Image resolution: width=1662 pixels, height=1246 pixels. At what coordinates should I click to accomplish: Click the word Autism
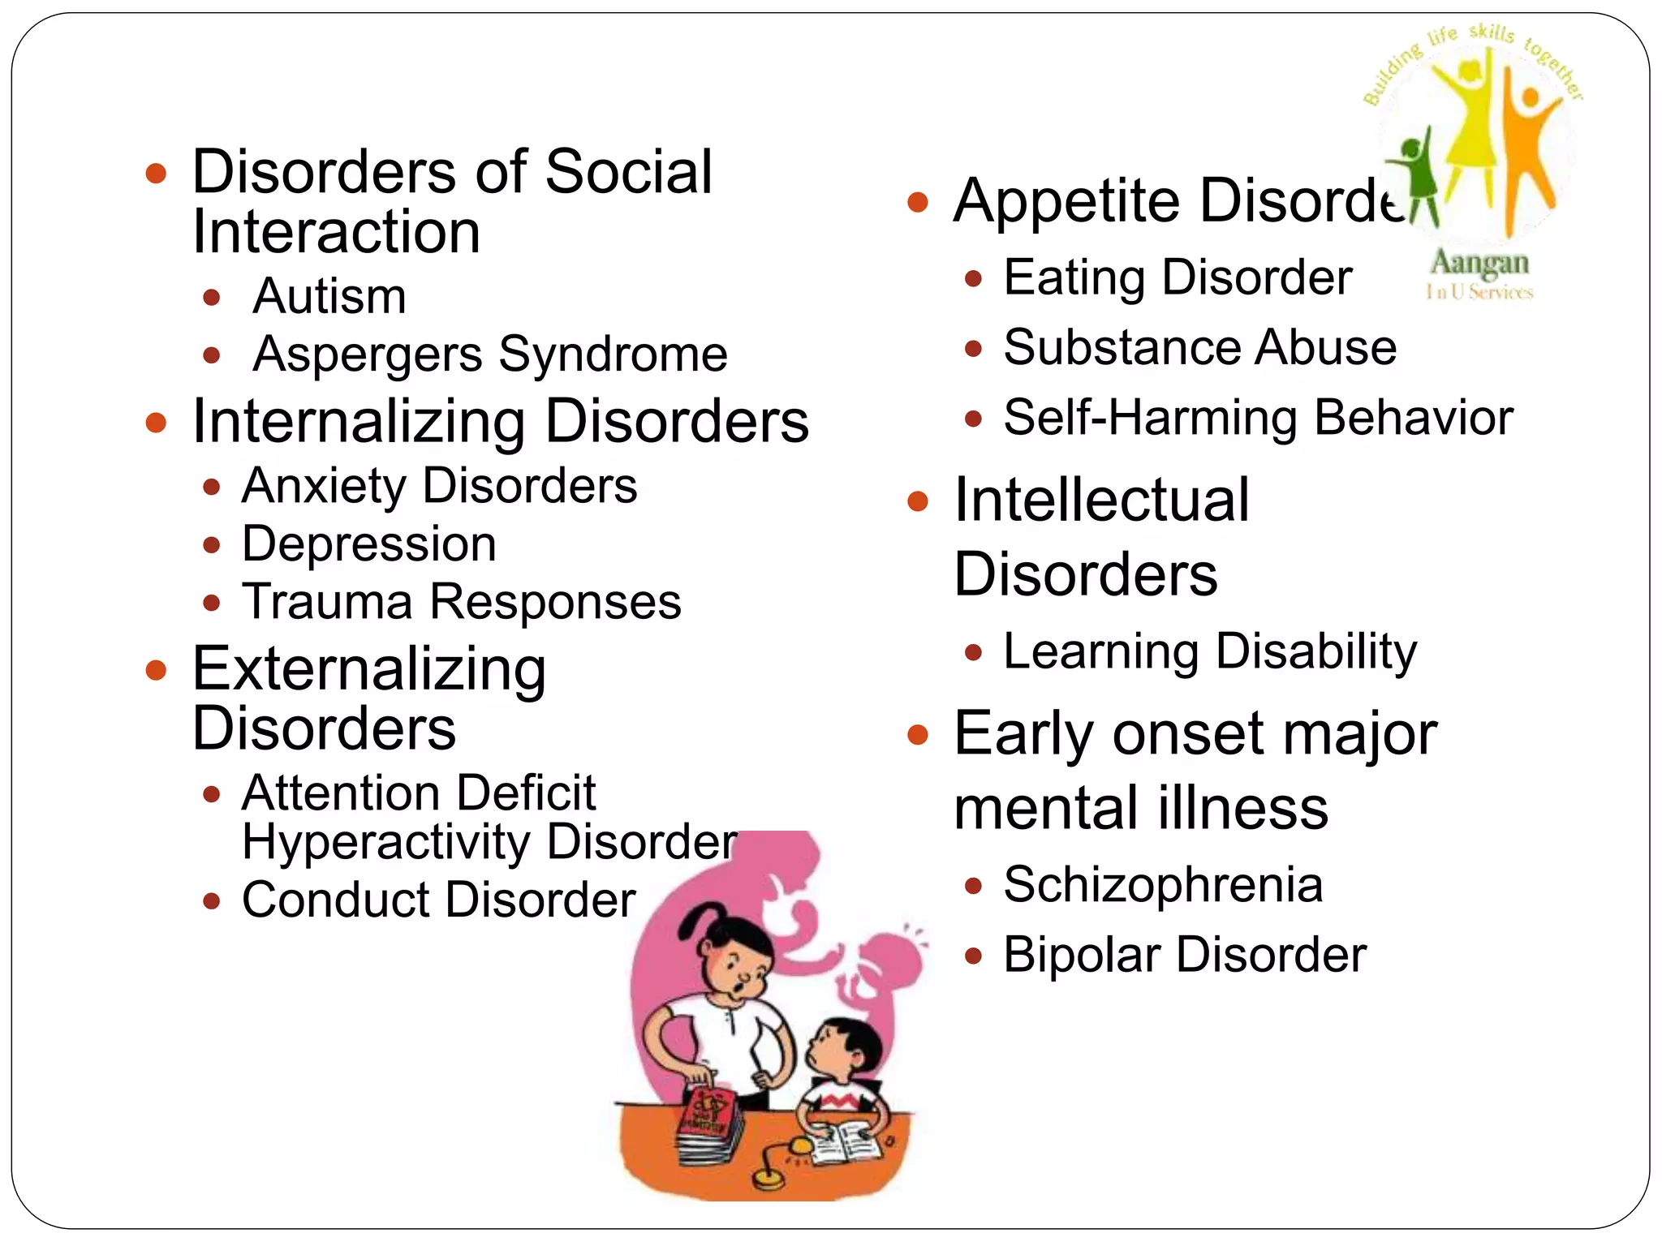pyautogui.click(x=329, y=297)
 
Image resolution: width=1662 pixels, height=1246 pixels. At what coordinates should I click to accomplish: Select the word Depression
pyautogui.click(x=368, y=544)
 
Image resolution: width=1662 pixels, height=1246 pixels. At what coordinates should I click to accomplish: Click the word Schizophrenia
pyautogui.click(x=1162, y=884)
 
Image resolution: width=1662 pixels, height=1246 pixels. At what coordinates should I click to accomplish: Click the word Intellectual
pyautogui.click(x=1101, y=501)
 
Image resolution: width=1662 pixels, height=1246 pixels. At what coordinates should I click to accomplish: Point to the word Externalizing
pyautogui.click(x=368, y=670)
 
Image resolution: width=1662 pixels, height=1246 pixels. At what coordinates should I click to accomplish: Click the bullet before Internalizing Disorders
pyautogui.click(x=156, y=423)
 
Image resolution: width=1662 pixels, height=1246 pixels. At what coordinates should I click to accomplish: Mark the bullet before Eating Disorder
pyautogui.click(x=974, y=280)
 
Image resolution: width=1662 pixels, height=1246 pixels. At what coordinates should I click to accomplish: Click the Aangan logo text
pyautogui.click(x=1479, y=264)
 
